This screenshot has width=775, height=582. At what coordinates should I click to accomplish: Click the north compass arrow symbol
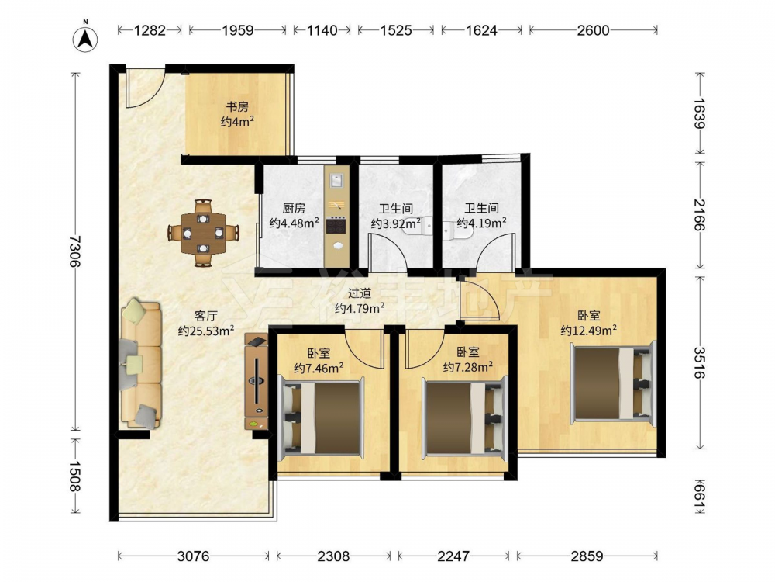coord(85,39)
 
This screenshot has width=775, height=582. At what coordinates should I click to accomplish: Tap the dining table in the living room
coord(203,233)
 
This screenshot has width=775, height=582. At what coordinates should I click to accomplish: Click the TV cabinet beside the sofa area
coord(257,381)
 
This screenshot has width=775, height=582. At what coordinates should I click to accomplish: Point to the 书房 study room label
coord(237,106)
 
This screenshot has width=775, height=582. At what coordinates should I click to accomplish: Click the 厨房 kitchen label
coord(294,208)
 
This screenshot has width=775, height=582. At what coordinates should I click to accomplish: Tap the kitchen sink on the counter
coord(336,180)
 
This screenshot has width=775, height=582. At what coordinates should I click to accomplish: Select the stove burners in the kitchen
coord(336,226)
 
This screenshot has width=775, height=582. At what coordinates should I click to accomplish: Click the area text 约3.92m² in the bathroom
coord(395,224)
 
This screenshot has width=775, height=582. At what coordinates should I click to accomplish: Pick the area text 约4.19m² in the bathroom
coord(481,223)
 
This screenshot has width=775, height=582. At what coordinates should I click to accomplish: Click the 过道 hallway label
coord(360,293)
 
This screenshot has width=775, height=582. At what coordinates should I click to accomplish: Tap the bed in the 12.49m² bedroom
coord(613,381)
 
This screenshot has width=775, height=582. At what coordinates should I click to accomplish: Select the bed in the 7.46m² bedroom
coord(322,417)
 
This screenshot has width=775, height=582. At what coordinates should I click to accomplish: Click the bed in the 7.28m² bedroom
coord(464,417)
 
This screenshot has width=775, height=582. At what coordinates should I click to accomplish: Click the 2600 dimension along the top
coord(593,30)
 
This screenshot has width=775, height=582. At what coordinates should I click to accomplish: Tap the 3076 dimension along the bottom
coord(193,556)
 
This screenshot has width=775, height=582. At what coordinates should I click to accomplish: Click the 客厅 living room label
coord(205,316)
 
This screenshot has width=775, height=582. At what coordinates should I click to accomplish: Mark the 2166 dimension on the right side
coord(699,215)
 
